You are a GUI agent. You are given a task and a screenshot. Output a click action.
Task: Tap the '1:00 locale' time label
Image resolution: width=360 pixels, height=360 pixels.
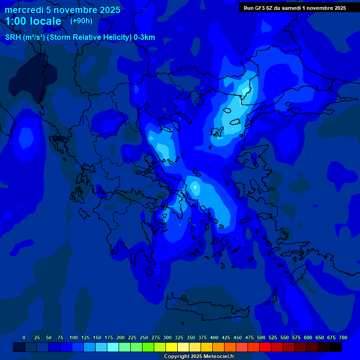[x=33, y=21]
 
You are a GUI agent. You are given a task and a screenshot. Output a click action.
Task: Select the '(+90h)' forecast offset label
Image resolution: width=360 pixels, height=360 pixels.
[x=81, y=21]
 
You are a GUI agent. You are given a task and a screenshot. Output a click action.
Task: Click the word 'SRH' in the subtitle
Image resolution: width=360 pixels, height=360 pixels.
[x=13, y=37]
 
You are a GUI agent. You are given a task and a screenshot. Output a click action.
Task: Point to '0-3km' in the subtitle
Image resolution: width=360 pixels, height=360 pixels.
[x=144, y=37]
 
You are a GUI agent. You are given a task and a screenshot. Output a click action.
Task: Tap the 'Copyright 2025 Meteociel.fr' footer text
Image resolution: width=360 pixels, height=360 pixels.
[x=199, y=357]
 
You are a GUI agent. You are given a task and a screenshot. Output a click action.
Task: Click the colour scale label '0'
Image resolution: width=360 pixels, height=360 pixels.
[x=24, y=337]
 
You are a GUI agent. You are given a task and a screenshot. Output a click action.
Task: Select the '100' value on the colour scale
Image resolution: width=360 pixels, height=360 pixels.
[x=74, y=337]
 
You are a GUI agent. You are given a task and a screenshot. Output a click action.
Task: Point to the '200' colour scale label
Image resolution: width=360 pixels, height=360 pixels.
[x=120, y=337]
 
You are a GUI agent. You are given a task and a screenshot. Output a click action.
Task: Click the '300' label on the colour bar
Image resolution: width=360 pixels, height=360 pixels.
[x=167, y=337]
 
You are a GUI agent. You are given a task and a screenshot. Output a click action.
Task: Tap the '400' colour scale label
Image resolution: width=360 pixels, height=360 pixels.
[x=214, y=337]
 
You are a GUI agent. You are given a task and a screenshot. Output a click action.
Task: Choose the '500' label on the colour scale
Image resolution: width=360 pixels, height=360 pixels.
[x=261, y=337]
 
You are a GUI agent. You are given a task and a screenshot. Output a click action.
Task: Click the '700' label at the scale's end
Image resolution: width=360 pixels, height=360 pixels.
[x=343, y=337]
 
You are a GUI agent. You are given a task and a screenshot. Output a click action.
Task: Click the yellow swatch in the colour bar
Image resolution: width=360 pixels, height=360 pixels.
[x=172, y=347]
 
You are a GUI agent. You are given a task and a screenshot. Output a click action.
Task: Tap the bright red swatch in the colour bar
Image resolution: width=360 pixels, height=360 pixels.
[x=265, y=347]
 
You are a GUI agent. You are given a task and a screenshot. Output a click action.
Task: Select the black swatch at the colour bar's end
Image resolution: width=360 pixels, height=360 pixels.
[x=336, y=347]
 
